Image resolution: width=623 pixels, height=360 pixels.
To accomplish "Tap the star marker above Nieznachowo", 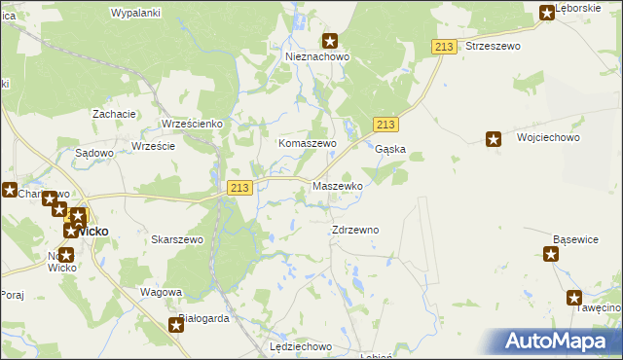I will click(x=330, y=41).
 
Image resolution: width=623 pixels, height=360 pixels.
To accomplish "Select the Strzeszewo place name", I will click(x=493, y=46).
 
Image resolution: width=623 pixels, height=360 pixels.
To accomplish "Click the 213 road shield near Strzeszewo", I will click(x=445, y=48).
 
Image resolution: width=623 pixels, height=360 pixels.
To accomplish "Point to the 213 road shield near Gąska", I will click(x=385, y=125).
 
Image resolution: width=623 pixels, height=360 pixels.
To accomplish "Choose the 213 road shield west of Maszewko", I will click(x=240, y=187).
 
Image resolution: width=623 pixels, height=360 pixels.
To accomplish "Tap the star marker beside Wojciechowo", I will click(x=494, y=139).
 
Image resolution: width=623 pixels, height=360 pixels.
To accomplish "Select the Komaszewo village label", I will click(x=308, y=143).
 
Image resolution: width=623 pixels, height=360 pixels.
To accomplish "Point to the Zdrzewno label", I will click(x=355, y=230).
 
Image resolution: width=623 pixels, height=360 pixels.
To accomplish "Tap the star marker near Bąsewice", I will click(x=551, y=255).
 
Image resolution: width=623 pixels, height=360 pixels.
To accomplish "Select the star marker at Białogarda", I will click(x=177, y=325).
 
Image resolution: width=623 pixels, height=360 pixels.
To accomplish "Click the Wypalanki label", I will click(x=135, y=13).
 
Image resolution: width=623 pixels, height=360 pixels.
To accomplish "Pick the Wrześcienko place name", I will click(x=193, y=125).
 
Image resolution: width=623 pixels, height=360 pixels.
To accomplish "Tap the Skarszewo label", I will click(x=176, y=239).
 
